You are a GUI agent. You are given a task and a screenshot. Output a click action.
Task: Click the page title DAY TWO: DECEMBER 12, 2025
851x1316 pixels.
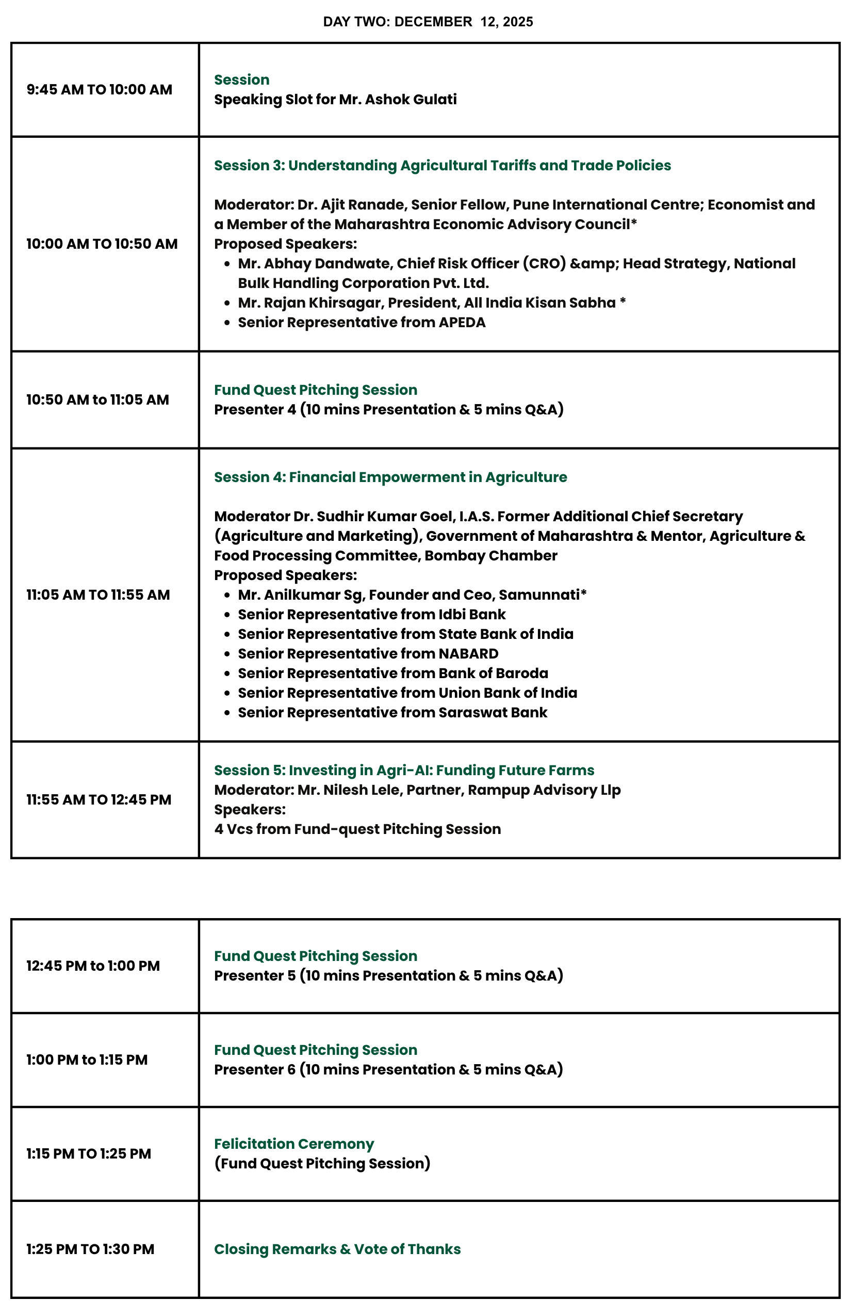coord(428,22)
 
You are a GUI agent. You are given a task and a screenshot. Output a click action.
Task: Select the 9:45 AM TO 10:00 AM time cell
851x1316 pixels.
coord(100,90)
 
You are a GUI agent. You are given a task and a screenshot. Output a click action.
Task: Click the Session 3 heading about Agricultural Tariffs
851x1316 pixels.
coord(442,165)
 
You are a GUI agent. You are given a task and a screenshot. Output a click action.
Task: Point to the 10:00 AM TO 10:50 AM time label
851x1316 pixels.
coord(102,244)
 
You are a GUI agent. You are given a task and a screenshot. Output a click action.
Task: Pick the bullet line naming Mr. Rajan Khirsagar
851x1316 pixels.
coord(431,302)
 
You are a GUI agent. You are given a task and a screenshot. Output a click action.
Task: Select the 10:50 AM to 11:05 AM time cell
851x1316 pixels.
coord(98,400)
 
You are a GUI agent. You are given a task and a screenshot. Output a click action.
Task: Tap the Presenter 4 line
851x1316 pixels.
coord(388,410)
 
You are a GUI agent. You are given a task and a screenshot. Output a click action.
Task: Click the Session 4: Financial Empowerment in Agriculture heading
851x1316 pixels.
coord(390,477)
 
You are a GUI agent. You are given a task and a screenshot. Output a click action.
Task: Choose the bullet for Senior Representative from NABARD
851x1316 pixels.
coord(368,653)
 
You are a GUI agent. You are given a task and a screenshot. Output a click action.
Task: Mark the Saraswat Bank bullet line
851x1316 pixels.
coord(392,712)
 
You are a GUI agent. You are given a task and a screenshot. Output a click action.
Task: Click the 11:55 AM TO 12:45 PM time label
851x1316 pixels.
coord(99,799)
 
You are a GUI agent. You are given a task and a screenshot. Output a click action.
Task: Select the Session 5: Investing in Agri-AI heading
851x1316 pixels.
coord(404,770)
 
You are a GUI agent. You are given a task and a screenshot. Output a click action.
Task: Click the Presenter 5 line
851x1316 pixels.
coord(388,975)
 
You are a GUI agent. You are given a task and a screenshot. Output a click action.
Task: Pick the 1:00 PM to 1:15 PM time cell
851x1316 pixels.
coord(87,1060)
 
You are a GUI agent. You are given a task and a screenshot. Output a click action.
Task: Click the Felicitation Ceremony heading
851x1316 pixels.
coord(294,1144)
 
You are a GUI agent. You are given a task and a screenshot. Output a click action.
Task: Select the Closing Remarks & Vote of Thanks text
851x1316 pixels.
coord(337,1249)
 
